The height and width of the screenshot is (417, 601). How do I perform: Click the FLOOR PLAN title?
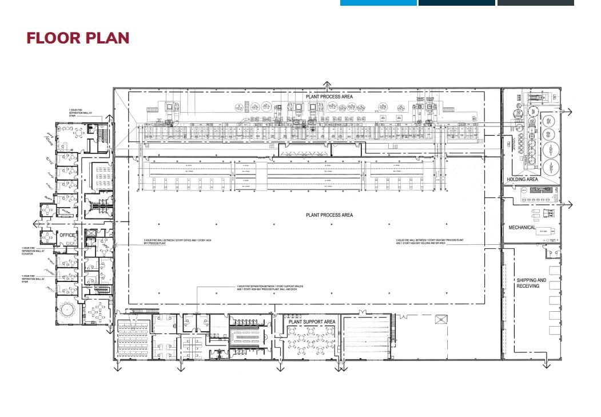click(78, 38)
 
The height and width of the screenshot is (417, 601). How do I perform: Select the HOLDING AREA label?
click(522, 180)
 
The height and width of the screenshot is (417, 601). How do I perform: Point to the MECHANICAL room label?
click(522, 228)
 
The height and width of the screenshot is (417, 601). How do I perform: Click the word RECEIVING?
click(528, 285)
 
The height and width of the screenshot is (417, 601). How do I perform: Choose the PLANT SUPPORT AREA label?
click(312, 322)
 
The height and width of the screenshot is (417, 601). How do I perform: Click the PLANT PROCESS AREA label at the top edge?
click(329, 97)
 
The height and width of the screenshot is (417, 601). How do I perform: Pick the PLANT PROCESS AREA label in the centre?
click(329, 215)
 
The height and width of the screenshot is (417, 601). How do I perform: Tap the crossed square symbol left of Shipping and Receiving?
click(441, 320)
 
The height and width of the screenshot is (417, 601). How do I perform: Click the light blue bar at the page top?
click(378, 3)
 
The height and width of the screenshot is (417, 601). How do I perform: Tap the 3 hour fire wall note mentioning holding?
click(420, 241)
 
